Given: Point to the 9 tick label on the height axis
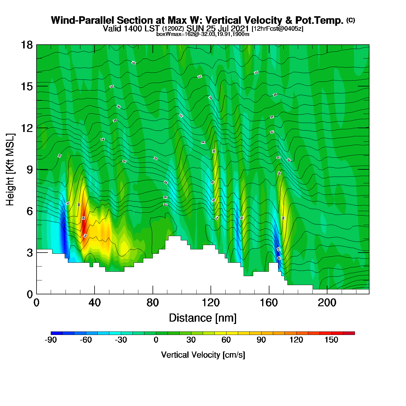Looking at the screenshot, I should click(30, 170).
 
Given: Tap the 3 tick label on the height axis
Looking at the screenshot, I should click(30, 253).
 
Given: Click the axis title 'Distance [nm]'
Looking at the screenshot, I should click(203, 318).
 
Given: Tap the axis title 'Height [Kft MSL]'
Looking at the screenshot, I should click(10, 170).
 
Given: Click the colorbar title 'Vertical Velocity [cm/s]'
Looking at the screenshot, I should click(203, 355).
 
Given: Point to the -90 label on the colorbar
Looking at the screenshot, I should click(51, 340).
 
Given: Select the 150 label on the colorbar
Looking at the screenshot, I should click(331, 340).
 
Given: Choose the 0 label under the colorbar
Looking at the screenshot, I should click(156, 340).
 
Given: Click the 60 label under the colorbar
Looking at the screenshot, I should click(226, 340).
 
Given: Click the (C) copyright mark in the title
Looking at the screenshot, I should click(351, 20).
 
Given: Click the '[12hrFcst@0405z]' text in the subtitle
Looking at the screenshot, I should click(277, 29).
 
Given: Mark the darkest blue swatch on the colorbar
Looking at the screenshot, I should click(57, 333).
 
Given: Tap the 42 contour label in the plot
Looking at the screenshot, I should click(134, 63).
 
